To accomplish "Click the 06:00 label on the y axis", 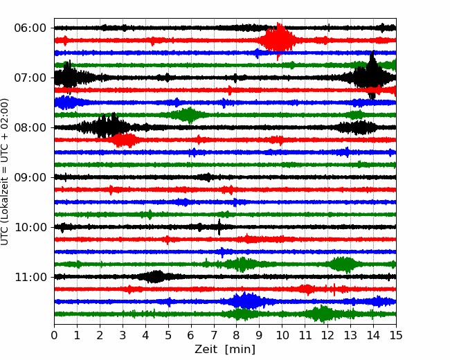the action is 30,28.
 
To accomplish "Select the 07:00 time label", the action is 30,78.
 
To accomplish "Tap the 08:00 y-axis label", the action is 30,127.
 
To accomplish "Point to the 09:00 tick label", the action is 30,177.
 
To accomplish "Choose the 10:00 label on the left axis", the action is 30,227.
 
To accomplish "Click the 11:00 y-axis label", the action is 30,277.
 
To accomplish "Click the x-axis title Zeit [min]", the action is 225,350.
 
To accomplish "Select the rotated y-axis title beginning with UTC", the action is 4,172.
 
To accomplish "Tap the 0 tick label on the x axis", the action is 54,335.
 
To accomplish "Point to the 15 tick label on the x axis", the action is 396,335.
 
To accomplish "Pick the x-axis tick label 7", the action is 214,335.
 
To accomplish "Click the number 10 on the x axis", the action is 282,335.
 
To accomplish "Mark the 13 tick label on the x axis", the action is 350,335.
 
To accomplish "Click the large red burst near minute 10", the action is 278,40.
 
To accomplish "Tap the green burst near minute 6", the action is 189,115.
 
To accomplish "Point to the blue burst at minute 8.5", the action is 246,301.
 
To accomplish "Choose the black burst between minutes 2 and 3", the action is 107,126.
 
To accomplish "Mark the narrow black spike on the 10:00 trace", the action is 219,227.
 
